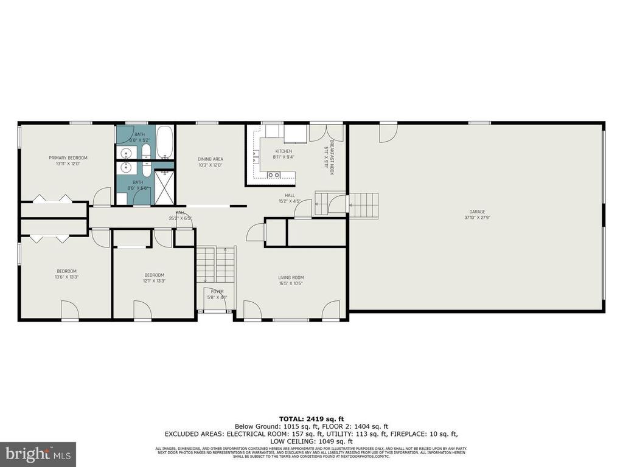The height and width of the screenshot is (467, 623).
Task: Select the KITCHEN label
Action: click(x=284, y=151)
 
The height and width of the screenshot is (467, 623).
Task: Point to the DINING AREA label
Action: click(x=210, y=159)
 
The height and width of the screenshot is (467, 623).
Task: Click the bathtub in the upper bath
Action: click(x=164, y=143)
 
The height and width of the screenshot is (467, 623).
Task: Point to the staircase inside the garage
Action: click(x=364, y=201)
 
